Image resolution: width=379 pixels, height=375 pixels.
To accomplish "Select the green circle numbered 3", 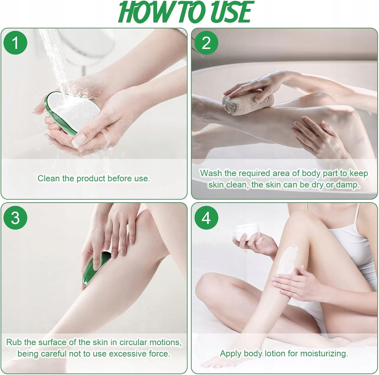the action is [x=15, y=217].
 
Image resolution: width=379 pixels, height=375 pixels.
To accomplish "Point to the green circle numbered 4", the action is [x=206, y=217].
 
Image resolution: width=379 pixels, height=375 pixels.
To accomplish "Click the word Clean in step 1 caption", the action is [x=49, y=178].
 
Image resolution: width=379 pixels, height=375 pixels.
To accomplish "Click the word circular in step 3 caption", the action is [x=133, y=342].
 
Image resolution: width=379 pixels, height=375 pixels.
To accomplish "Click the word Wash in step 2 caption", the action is [x=211, y=173].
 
